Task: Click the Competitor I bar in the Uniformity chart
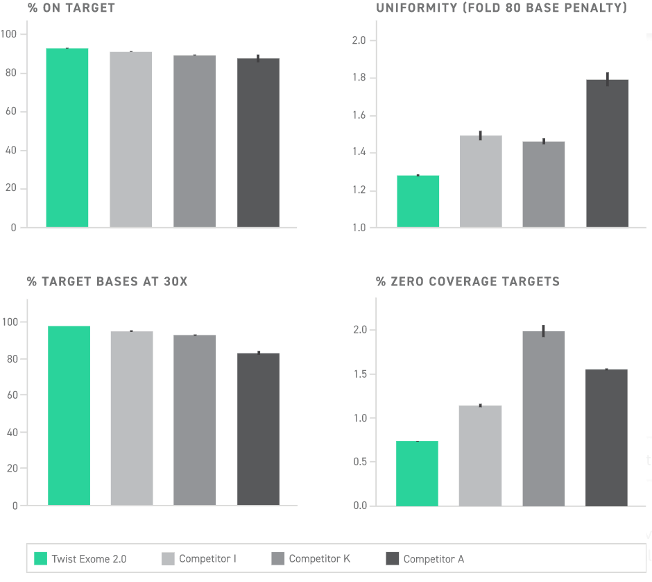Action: pyautogui.click(x=481, y=181)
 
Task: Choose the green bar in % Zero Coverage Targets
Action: pyautogui.click(x=417, y=473)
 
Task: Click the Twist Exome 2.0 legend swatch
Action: pyautogui.click(x=40, y=558)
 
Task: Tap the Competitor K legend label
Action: pyautogui.click(x=319, y=558)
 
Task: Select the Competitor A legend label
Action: pyautogui.click(x=434, y=558)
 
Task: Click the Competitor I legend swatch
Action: pyautogui.click(x=168, y=558)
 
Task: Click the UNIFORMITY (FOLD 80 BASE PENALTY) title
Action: pyautogui.click(x=501, y=8)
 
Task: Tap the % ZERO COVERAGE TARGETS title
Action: pyautogui.click(x=467, y=281)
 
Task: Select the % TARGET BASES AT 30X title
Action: pyautogui.click(x=107, y=281)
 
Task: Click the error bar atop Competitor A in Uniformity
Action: pyautogui.click(x=607, y=79)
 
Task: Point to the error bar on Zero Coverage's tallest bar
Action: pyautogui.click(x=543, y=331)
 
